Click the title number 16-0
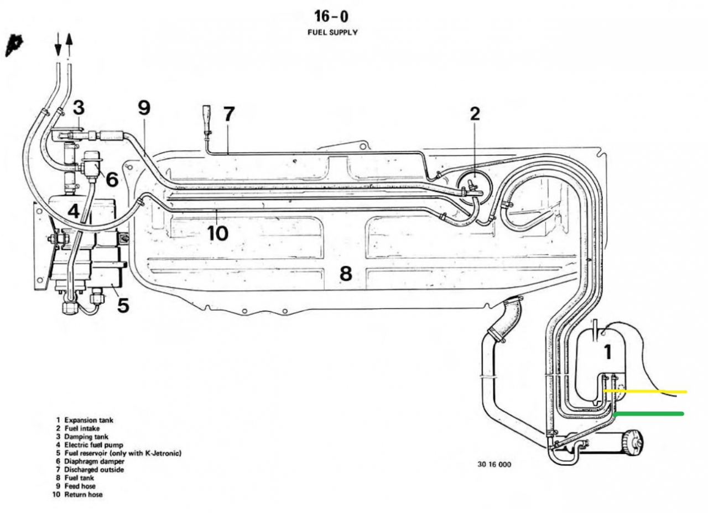click(332, 16)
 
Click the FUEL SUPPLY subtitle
click(332, 33)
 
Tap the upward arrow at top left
click(69, 45)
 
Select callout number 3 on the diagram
click(79, 107)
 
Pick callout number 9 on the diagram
click(144, 108)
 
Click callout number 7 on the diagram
click(228, 114)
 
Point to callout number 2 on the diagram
click(475, 114)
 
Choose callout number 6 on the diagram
click(111, 179)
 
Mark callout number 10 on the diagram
click(217, 233)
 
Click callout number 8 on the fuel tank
click(346, 273)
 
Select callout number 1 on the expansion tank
click(607, 352)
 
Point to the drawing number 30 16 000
click(494, 464)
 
